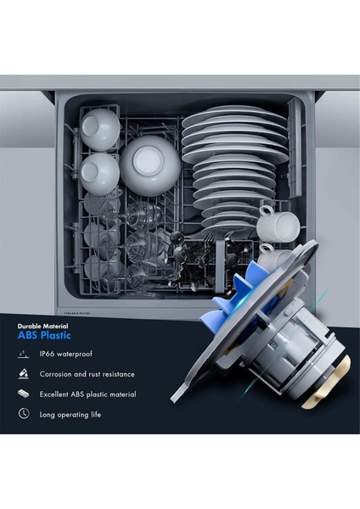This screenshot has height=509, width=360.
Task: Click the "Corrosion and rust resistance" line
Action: (87, 373)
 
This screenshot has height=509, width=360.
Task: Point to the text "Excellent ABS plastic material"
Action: (88, 394)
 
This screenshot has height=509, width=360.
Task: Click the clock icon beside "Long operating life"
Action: (24, 414)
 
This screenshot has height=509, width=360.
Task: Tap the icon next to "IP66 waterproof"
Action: (24, 353)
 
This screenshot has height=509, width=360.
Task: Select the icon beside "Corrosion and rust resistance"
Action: (24, 373)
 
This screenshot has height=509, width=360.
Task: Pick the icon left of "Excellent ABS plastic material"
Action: (24, 394)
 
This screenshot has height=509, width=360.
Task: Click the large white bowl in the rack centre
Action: (149, 165)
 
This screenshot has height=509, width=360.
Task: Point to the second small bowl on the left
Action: (100, 172)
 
